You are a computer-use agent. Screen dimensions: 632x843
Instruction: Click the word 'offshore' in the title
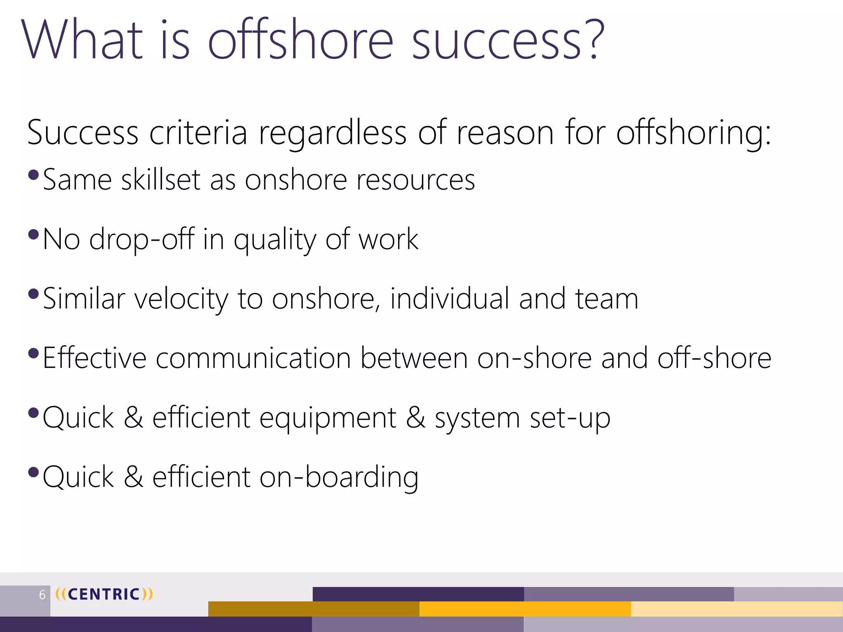[300, 40]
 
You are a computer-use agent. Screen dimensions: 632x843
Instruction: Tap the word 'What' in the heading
[82, 40]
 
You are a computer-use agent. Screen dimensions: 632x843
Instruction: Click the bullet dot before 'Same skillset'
[33, 175]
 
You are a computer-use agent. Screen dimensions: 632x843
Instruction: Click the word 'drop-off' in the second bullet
[142, 239]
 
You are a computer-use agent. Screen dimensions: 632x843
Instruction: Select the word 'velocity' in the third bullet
[181, 299]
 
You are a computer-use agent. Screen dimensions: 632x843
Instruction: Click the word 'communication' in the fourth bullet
[253, 358]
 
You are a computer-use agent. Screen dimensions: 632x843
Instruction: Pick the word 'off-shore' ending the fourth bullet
[714, 358]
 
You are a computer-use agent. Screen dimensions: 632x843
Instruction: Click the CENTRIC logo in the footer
[104, 594]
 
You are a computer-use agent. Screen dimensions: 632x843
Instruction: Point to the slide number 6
[42, 595]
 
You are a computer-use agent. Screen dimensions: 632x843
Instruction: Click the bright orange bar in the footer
[525, 609]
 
